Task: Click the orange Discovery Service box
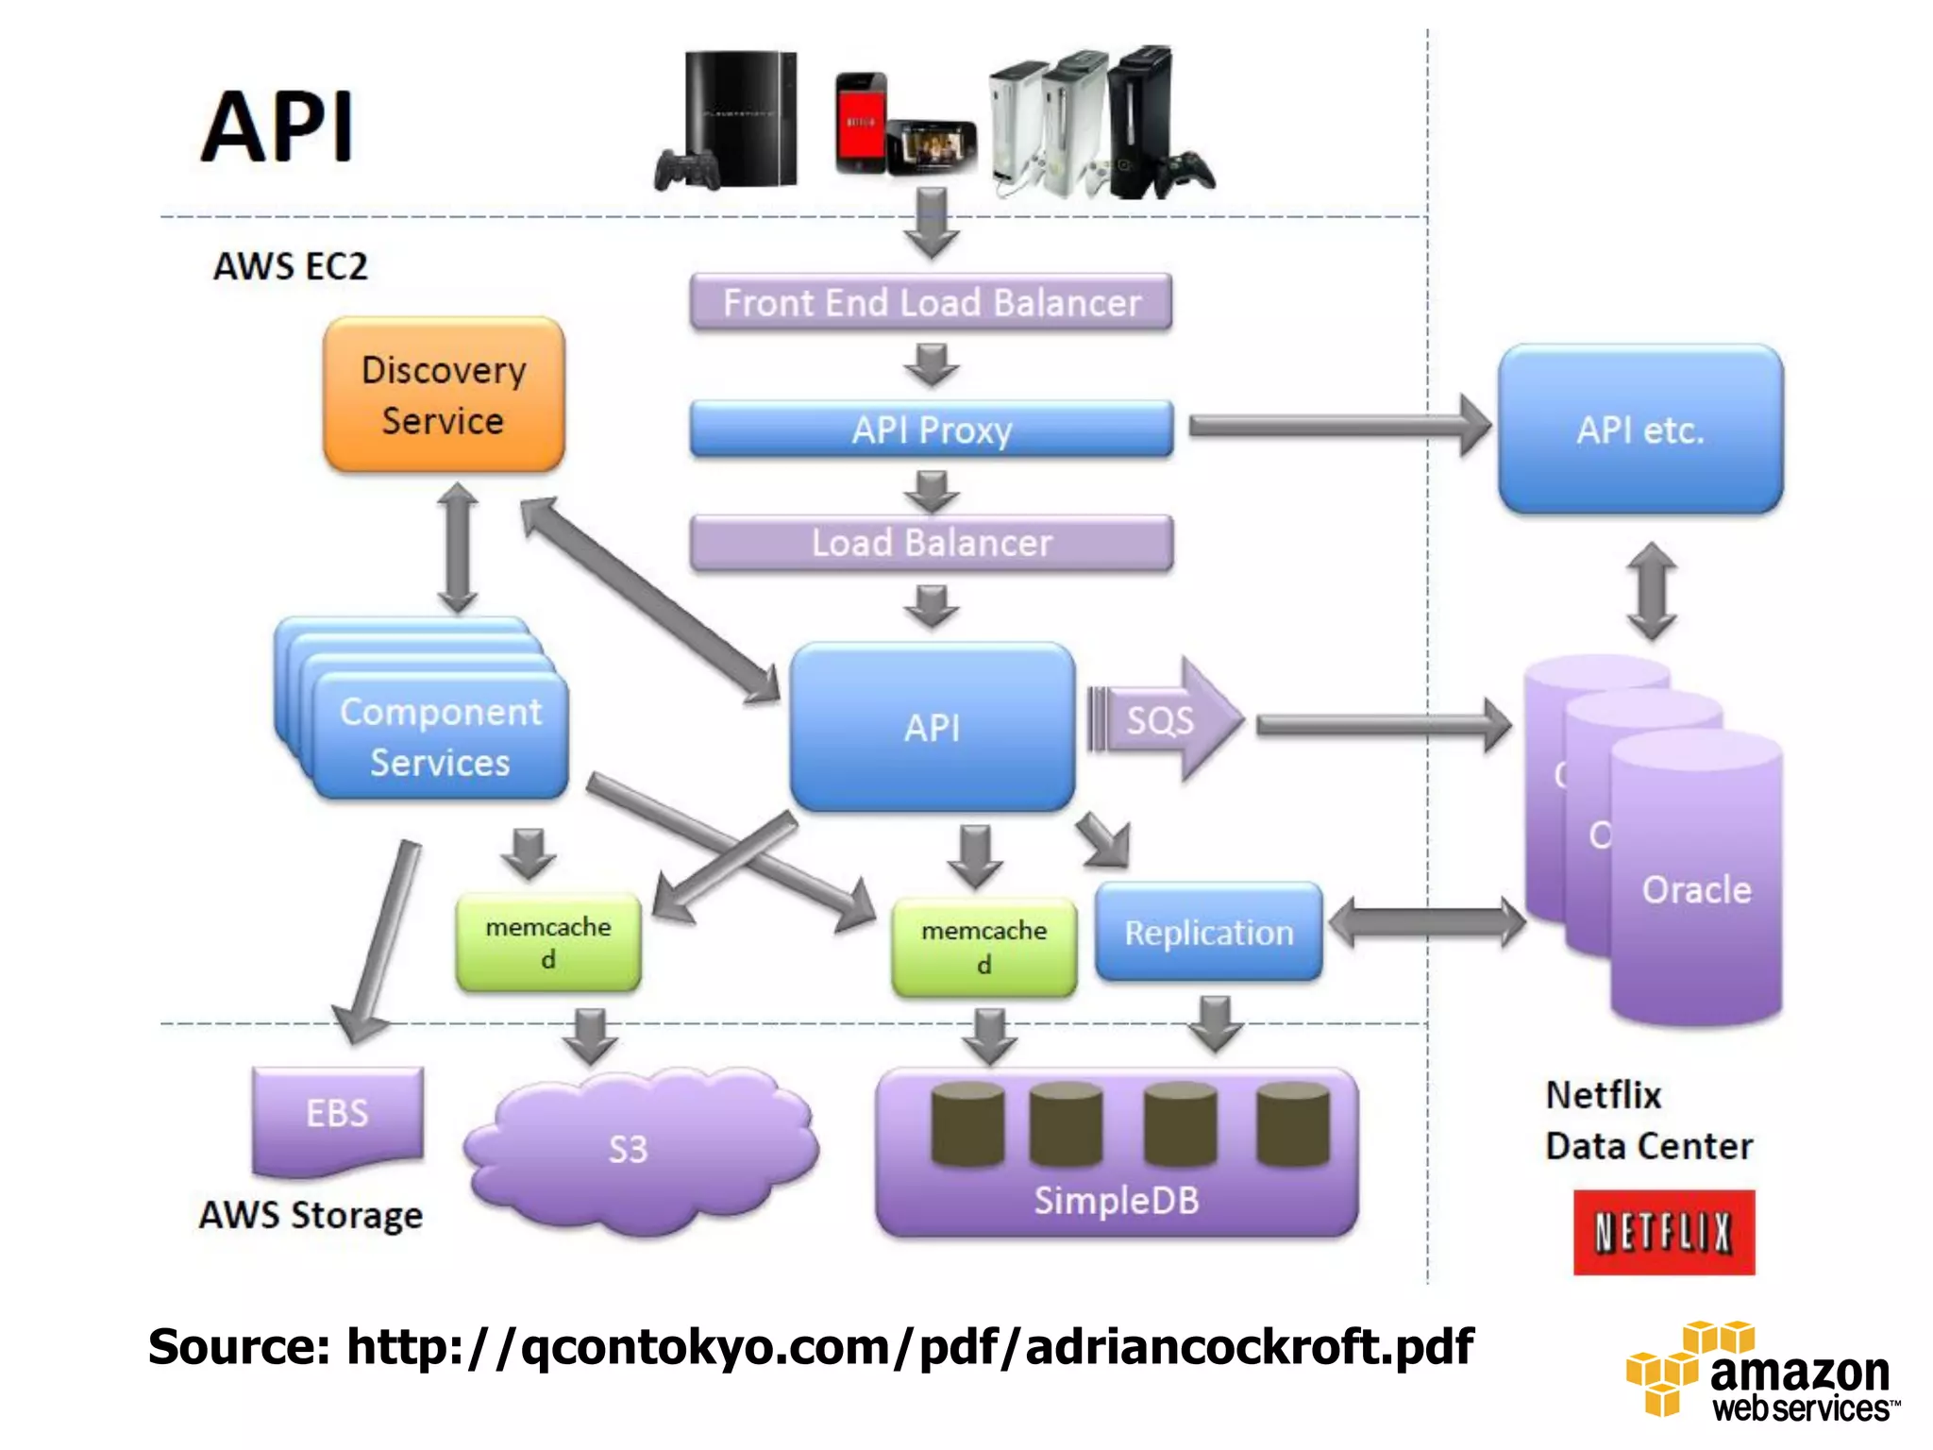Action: [444, 395]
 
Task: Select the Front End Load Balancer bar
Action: [931, 303]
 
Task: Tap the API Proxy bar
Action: [931, 430]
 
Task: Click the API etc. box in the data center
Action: [1640, 430]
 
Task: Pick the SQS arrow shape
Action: [1166, 720]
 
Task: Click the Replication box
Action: [1208, 933]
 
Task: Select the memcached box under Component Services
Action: [547, 942]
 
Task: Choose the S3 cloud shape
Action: [640, 1149]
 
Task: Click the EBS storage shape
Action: [337, 1116]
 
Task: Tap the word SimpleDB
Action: [1116, 1201]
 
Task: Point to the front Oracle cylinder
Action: [1696, 887]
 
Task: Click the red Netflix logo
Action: [1663, 1233]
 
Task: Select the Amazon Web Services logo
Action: [1760, 1374]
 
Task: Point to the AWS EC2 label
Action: [290, 266]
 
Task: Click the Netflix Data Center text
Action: [1647, 1121]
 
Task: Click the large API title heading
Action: [278, 127]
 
